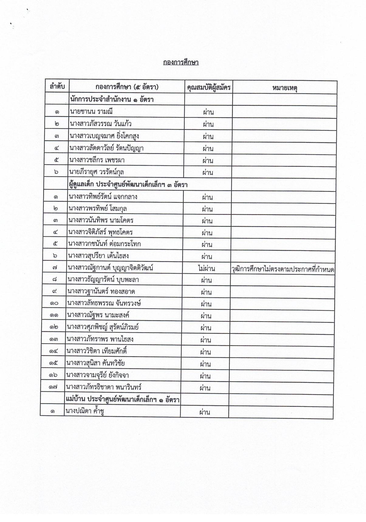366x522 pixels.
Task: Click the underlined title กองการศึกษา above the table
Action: (181, 63)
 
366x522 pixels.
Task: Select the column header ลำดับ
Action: (57, 87)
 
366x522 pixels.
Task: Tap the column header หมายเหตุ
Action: (285, 88)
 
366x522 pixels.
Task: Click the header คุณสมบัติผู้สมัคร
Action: (209, 88)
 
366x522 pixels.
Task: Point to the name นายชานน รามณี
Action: (91, 112)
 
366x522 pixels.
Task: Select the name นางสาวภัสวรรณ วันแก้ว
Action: (101, 124)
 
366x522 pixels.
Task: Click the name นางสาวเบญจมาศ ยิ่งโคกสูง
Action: (104, 136)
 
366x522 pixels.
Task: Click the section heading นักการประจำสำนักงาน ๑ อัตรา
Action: (112, 99)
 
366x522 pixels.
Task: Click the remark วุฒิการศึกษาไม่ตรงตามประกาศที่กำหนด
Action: (283, 270)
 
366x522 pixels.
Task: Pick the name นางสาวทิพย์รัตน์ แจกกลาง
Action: (103, 197)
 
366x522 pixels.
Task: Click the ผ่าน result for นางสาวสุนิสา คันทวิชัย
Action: (205, 364)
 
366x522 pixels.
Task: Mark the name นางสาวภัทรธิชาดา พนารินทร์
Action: (104, 387)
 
